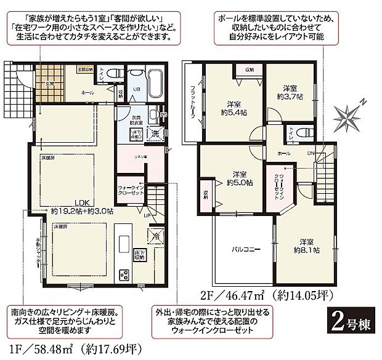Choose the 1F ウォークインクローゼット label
pyautogui.click(x=131, y=192)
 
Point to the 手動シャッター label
pyautogui.click(x=38, y=251)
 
